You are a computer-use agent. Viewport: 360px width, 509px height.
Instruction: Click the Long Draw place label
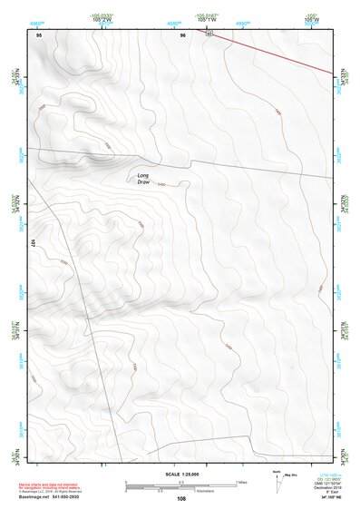(x=142, y=179)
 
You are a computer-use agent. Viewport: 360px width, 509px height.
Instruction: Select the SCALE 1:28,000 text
(x=180, y=475)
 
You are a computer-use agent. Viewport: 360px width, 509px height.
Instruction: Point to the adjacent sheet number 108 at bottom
(x=181, y=499)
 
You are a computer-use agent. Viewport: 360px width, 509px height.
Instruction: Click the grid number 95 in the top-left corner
(x=39, y=34)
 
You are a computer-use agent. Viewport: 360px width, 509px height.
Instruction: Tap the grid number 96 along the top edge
(x=183, y=34)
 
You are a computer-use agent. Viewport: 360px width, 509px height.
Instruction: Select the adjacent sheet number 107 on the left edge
(x=32, y=243)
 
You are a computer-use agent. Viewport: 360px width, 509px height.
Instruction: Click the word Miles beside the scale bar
(x=241, y=481)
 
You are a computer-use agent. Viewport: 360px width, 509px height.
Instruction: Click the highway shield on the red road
(x=208, y=34)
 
